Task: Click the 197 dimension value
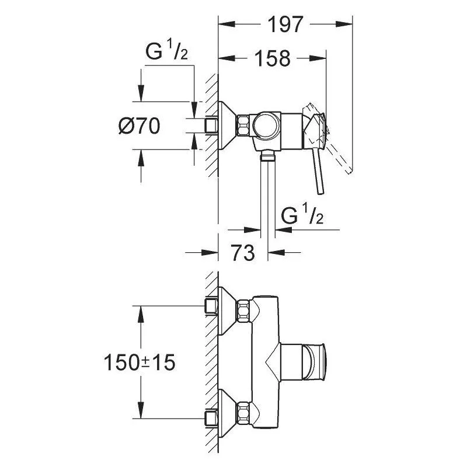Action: [x=285, y=25]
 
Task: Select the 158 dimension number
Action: [x=273, y=58]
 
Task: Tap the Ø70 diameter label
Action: [x=139, y=126]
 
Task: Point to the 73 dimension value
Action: [x=243, y=253]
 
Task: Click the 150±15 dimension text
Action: [x=140, y=363]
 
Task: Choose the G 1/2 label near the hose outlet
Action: [x=302, y=214]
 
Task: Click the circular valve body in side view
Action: [x=267, y=126]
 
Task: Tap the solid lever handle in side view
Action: [x=319, y=170]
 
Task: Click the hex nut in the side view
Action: [x=243, y=125]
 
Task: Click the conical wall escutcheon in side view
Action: [x=227, y=126]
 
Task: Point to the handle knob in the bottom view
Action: [x=315, y=362]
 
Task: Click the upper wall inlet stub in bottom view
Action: [x=211, y=306]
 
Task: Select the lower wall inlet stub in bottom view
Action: [x=211, y=419]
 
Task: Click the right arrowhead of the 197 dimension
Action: [x=344, y=25]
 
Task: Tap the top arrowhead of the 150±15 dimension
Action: [x=141, y=314]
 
